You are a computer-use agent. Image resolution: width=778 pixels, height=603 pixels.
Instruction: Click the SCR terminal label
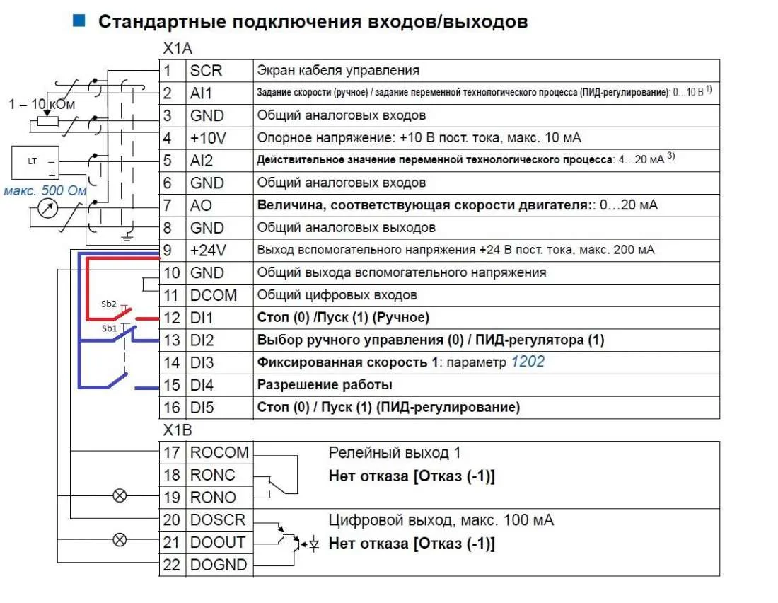pyautogui.click(x=206, y=71)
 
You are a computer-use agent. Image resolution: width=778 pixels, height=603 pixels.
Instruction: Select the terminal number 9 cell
pyautogui.click(x=172, y=251)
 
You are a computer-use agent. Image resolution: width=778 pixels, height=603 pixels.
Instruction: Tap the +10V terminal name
pyautogui.click(x=208, y=138)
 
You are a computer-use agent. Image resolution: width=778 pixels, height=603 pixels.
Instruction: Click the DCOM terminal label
pyautogui.click(x=214, y=296)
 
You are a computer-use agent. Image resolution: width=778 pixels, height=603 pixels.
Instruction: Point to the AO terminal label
pyautogui.click(x=201, y=206)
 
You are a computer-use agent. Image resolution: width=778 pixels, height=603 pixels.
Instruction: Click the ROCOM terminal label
pyautogui.click(x=219, y=452)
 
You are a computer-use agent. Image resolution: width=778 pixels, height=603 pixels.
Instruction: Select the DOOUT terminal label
pyautogui.click(x=218, y=542)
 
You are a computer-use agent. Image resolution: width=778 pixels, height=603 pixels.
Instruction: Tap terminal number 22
pyautogui.click(x=172, y=565)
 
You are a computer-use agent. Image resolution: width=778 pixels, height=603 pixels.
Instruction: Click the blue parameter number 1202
pyautogui.click(x=528, y=362)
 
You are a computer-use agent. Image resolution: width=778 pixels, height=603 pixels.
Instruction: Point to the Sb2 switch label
pyautogui.click(x=109, y=304)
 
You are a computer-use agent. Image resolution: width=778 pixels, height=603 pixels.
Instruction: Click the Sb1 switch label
pyautogui.click(x=109, y=328)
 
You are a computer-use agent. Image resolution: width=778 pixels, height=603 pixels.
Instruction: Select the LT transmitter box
pyautogui.click(x=35, y=162)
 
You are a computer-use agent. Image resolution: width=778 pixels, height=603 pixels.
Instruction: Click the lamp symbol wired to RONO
pyautogui.click(x=120, y=495)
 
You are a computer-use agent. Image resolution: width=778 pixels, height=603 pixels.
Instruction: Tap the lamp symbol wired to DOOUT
pyautogui.click(x=120, y=539)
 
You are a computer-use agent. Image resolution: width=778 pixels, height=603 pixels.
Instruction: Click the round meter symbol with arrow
pyautogui.click(x=48, y=208)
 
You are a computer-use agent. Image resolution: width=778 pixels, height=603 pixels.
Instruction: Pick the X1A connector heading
pyautogui.click(x=177, y=49)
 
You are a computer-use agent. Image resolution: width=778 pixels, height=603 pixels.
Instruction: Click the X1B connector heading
pyautogui.click(x=177, y=430)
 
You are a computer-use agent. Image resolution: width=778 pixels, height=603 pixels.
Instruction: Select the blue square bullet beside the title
pyautogui.click(x=79, y=21)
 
